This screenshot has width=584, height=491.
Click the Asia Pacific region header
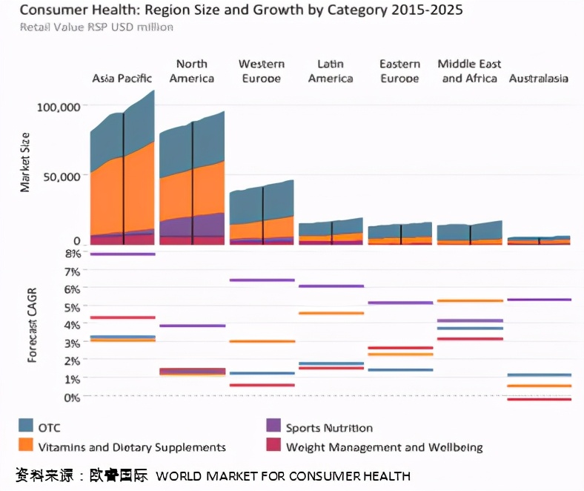[x=122, y=78]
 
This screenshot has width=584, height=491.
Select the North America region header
[x=191, y=71]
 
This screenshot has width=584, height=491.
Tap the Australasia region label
[x=538, y=78]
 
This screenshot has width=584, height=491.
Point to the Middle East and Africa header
[x=469, y=71]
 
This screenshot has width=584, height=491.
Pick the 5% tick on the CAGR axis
[x=72, y=306]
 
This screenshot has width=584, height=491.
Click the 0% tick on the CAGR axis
[x=72, y=397]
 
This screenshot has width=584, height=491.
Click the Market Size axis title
[x=25, y=162]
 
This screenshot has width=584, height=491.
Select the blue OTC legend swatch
[x=26, y=426]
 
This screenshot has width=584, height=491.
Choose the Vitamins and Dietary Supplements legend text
[x=132, y=447]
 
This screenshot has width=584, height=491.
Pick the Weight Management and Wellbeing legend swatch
[x=273, y=446]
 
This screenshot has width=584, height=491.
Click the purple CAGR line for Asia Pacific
[x=122, y=254]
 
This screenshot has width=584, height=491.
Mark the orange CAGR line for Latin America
[x=331, y=313]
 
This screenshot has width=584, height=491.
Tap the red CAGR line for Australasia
[x=539, y=400]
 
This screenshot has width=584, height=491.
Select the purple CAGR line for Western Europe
[x=262, y=280]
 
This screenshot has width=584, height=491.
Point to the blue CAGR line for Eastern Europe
[x=400, y=369]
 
